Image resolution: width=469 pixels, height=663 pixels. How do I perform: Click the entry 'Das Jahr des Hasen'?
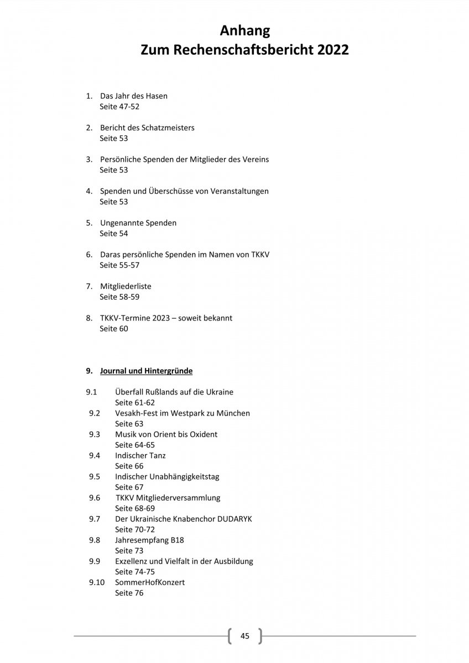coord(134,96)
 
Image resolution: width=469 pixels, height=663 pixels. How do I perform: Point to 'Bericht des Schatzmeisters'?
coord(147,128)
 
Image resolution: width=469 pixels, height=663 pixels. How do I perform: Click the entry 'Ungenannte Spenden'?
coord(138,223)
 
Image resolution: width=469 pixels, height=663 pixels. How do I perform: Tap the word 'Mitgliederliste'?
coord(126,287)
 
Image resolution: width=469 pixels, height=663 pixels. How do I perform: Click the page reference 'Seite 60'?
coord(113,329)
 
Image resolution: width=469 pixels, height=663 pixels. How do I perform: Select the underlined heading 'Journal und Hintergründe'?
coord(146,371)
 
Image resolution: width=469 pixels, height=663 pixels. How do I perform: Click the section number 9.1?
coord(92,392)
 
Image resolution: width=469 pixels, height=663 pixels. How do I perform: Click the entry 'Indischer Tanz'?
coord(140,456)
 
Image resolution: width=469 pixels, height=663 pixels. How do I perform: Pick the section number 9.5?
coord(95,477)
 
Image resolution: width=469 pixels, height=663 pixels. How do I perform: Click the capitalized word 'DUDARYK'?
coord(232,519)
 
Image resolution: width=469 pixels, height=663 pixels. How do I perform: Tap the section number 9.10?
coord(96,583)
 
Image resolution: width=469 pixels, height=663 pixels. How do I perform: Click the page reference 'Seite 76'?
coord(129,593)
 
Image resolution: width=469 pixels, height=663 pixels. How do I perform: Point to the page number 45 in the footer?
coord(245,636)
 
